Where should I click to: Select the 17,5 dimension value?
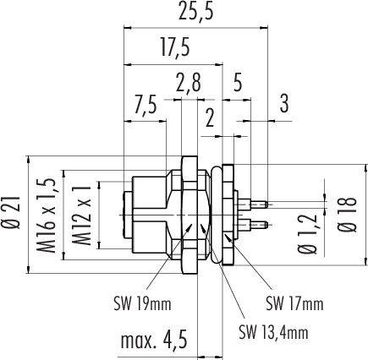tap(173, 47)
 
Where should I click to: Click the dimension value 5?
tap(238, 83)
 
